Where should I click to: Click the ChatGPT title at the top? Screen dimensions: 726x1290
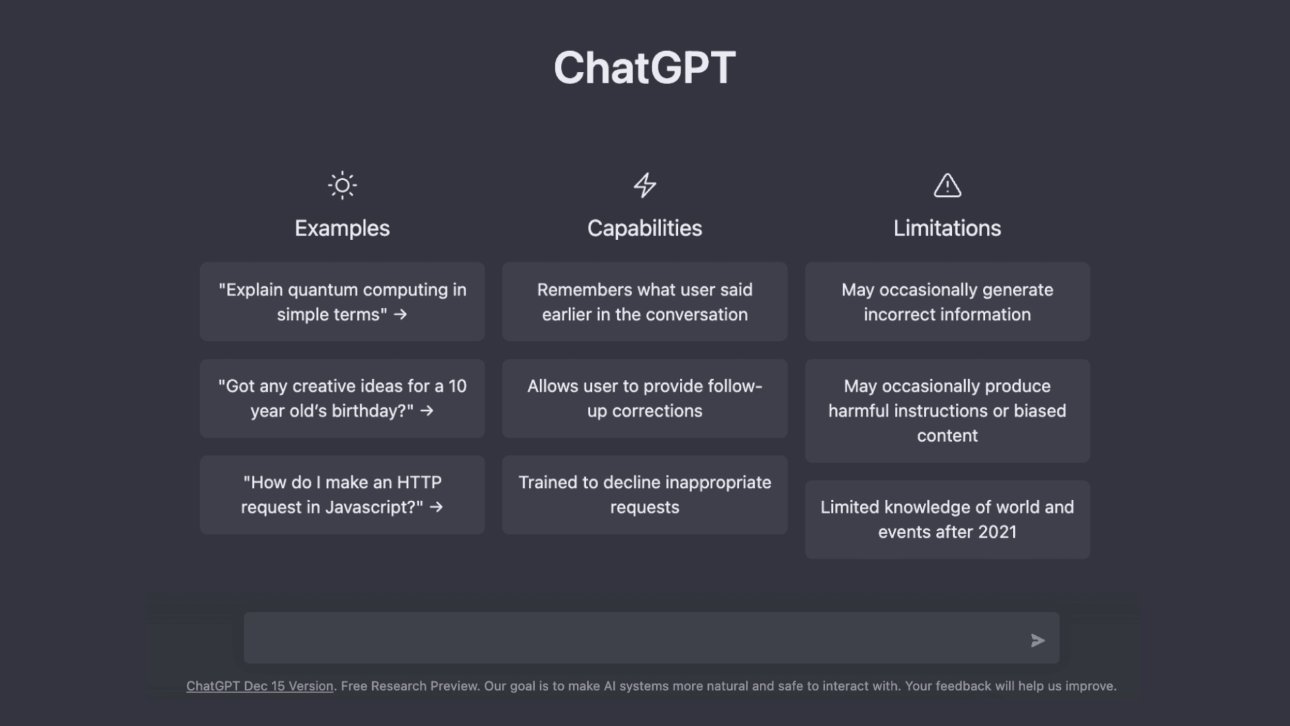pos(644,68)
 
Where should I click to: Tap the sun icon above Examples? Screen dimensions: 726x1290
pos(342,185)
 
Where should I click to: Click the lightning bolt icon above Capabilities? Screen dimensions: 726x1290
pos(645,185)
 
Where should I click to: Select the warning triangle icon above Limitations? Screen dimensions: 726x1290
pos(947,185)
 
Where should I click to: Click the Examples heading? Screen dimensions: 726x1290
pos(342,229)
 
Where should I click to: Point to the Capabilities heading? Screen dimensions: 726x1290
pos(644,229)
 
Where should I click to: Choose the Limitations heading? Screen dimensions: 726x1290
pos(947,229)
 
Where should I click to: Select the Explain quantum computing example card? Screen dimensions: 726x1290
pos(342,302)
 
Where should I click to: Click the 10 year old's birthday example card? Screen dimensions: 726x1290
pos(342,398)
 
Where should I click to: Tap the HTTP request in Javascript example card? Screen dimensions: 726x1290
pos(342,495)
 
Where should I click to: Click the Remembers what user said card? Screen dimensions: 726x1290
pos(644,302)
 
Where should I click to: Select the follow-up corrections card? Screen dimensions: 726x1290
pos(644,398)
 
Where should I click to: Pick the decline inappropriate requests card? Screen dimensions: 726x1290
pos(644,495)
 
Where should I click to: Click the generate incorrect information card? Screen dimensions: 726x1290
pos(947,302)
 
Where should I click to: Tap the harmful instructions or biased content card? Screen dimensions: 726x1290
pos(947,411)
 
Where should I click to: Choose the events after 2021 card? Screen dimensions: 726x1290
pos(947,519)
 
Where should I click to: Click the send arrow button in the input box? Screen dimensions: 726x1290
pos(1037,641)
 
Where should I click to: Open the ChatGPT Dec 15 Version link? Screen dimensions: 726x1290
pos(259,686)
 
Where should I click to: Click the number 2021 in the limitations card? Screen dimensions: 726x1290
pos(996,532)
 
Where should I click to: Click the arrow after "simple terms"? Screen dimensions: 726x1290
pos(400,315)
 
